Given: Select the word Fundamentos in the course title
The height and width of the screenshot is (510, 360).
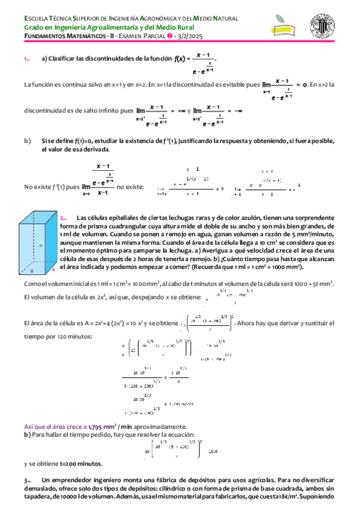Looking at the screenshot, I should point(41,37).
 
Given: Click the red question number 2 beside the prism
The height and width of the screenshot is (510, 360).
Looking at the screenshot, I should point(63,217).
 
